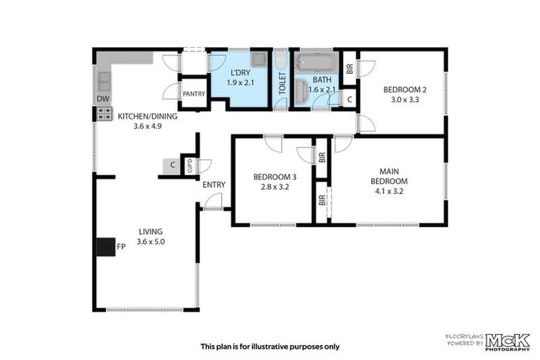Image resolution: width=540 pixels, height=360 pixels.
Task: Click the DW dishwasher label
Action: click(x=103, y=98)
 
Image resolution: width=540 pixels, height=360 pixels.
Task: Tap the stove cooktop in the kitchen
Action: click(x=104, y=112)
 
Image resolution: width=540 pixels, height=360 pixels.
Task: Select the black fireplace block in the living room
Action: click(x=105, y=246)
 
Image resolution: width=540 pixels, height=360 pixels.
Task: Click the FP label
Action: click(x=121, y=247)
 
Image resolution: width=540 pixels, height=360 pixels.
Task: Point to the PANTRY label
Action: click(x=193, y=94)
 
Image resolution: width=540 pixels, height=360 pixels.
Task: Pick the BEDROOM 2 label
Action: click(x=404, y=90)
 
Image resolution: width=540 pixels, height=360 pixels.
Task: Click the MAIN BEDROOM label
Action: click(x=394, y=176)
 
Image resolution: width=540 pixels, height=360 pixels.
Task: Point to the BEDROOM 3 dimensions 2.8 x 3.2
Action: click(x=271, y=187)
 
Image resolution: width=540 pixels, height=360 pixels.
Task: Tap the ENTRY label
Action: click(x=214, y=185)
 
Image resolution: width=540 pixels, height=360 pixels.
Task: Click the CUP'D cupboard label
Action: click(x=189, y=166)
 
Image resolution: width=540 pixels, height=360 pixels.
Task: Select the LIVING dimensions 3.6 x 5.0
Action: click(x=150, y=241)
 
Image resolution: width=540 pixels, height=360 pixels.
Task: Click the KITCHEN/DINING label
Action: click(x=147, y=117)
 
